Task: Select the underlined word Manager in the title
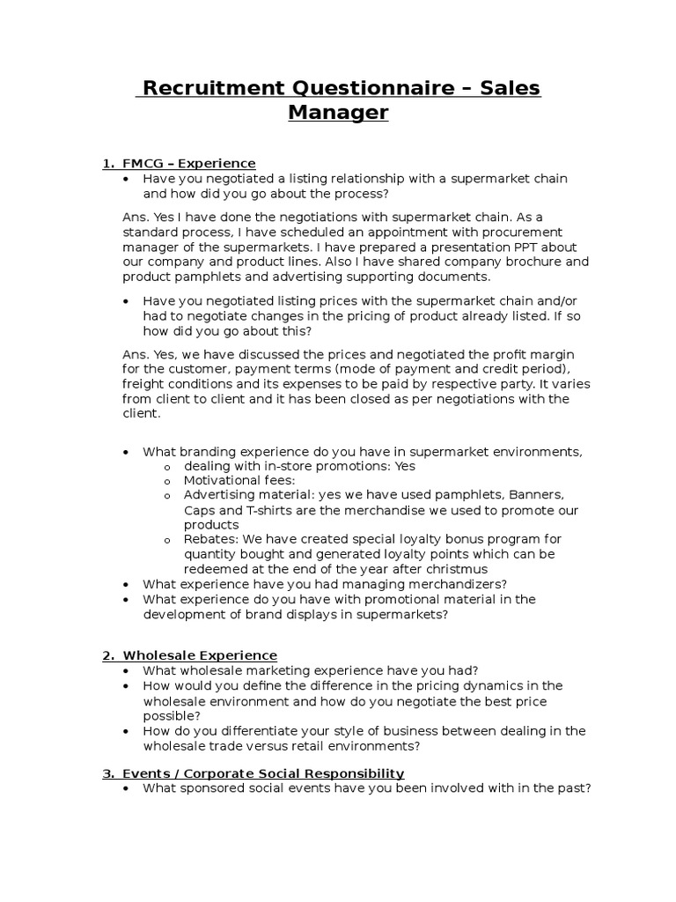(338, 114)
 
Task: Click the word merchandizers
(446, 583)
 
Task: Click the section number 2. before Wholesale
(109, 655)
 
